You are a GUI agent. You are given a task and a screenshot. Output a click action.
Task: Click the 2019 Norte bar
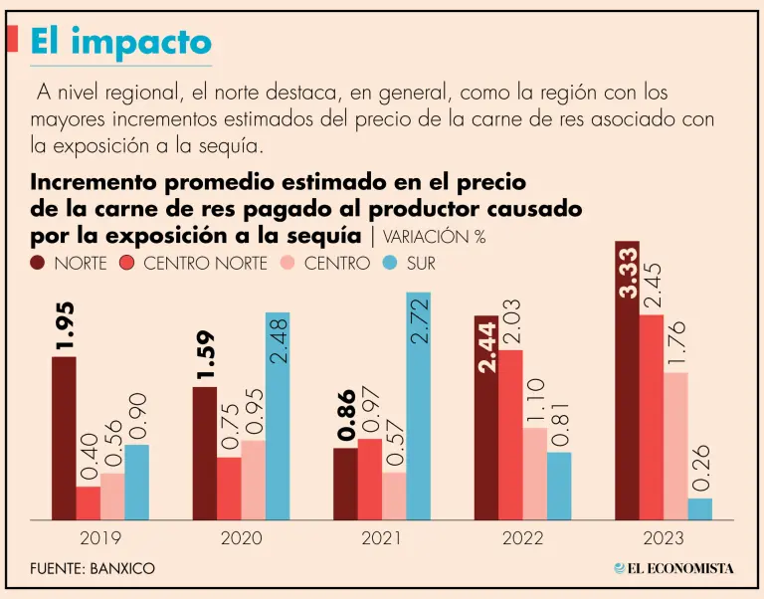(x=64, y=438)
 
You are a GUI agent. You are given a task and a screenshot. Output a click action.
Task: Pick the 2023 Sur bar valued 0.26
(x=700, y=508)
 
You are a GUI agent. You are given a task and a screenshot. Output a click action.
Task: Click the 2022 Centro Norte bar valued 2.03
(x=510, y=434)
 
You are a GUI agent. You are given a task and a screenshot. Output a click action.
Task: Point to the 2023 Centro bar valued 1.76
(x=675, y=446)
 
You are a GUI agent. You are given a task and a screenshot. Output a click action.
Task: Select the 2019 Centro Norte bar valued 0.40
(x=89, y=502)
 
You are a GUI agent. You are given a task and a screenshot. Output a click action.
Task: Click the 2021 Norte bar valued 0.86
(x=345, y=484)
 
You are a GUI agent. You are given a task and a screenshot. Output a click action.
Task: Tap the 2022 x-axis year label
(x=522, y=538)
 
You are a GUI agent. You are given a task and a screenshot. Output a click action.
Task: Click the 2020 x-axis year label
(x=242, y=538)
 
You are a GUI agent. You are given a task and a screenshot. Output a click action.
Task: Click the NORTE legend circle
(x=39, y=264)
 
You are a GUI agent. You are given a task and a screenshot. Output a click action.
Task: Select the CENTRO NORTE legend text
(x=205, y=264)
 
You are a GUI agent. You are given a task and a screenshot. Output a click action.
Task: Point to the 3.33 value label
(x=628, y=272)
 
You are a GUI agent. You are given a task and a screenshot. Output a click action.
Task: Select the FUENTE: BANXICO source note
(x=93, y=568)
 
